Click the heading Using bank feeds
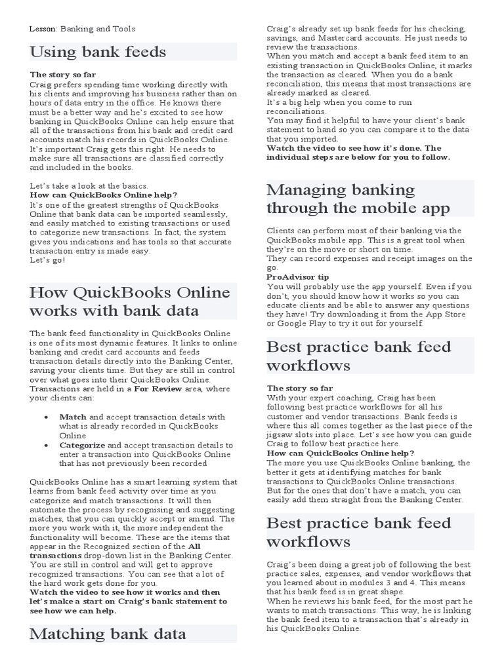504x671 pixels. [x=98, y=52]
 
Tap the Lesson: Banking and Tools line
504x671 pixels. [x=83, y=29]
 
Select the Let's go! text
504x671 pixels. [x=48, y=260]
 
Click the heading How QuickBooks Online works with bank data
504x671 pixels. [x=130, y=301]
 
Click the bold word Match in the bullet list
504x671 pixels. [x=73, y=417]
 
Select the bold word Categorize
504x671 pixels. [x=82, y=444]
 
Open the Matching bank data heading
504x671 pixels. [x=108, y=634]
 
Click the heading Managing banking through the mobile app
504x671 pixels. [x=358, y=199]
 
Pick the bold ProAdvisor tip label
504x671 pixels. [x=298, y=277]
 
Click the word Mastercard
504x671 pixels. [x=353, y=38]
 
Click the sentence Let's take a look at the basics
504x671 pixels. [x=89, y=185]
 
